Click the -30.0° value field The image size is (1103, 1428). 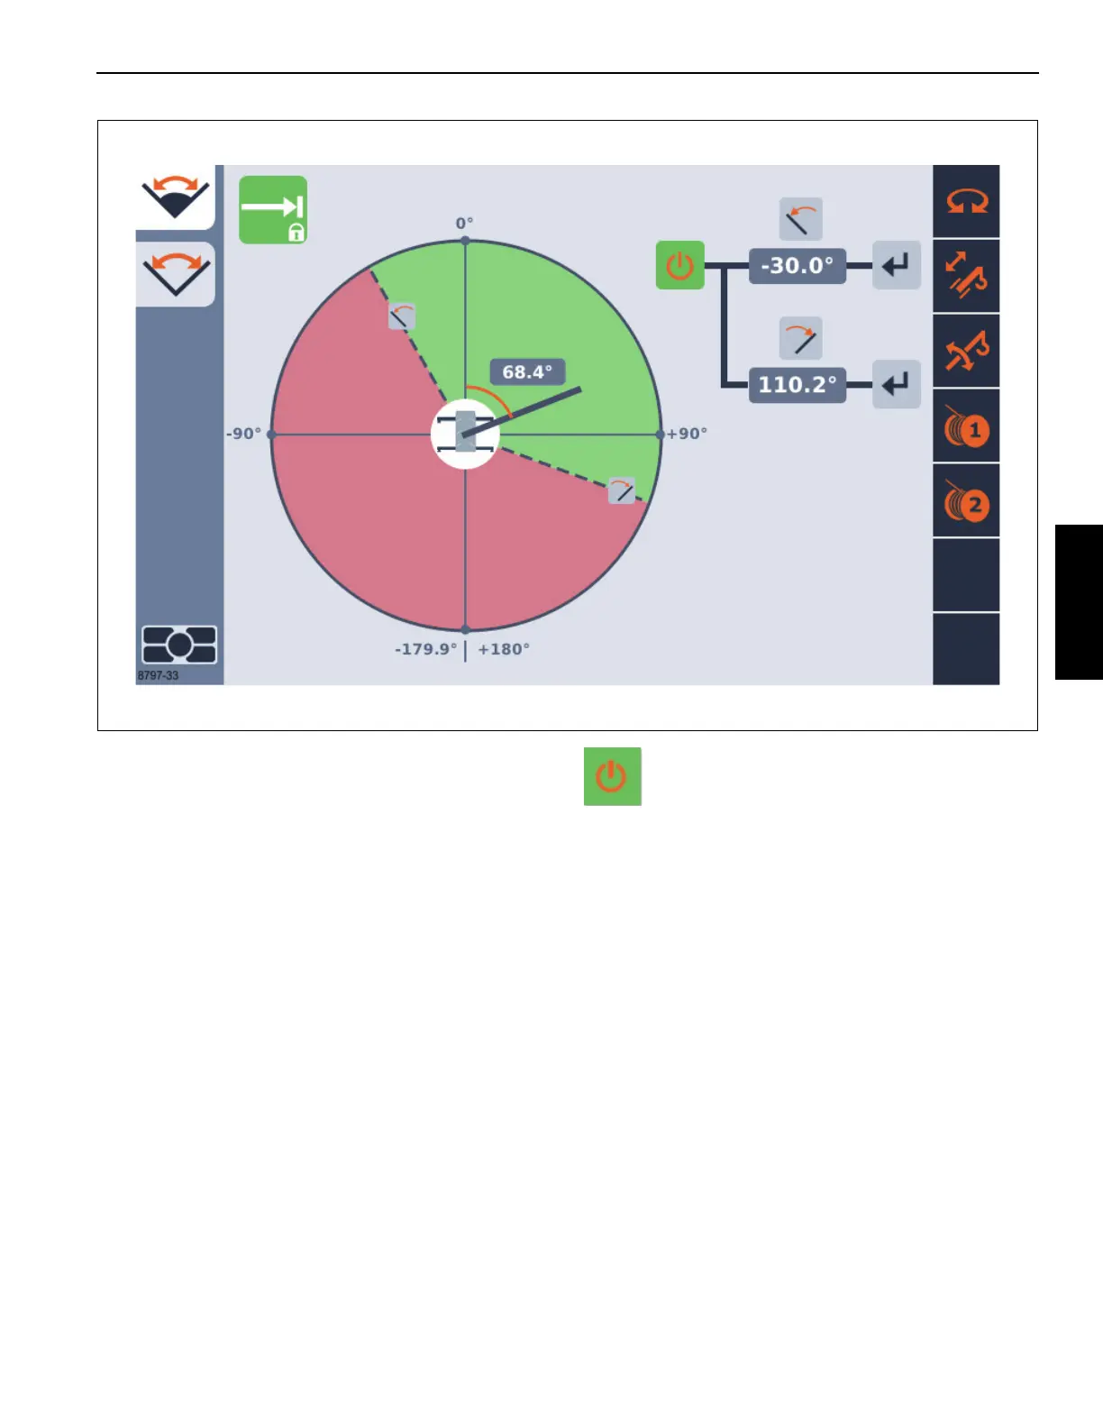(x=798, y=266)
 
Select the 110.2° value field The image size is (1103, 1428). (x=798, y=385)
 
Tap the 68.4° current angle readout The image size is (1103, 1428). (x=527, y=372)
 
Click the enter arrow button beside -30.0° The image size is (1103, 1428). (x=896, y=265)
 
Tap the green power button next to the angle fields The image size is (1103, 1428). (x=679, y=265)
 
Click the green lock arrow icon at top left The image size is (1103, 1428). (x=273, y=210)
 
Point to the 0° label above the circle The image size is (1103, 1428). (x=464, y=224)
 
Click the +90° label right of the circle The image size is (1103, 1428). (x=687, y=434)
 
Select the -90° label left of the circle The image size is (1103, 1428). (x=243, y=434)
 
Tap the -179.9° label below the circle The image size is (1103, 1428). (x=426, y=649)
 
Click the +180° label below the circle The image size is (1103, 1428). (x=504, y=649)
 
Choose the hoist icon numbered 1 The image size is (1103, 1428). (x=966, y=428)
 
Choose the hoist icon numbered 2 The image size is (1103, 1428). (x=966, y=503)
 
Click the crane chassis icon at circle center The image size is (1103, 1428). (x=465, y=433)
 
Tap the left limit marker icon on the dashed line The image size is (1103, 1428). (x=401, y=316)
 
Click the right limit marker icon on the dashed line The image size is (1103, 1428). (x=622, y=490)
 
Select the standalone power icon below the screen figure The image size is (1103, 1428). (x=613, y=776)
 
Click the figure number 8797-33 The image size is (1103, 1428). (x=158, y=676)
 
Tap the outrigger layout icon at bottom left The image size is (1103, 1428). (x=179, y=645)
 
